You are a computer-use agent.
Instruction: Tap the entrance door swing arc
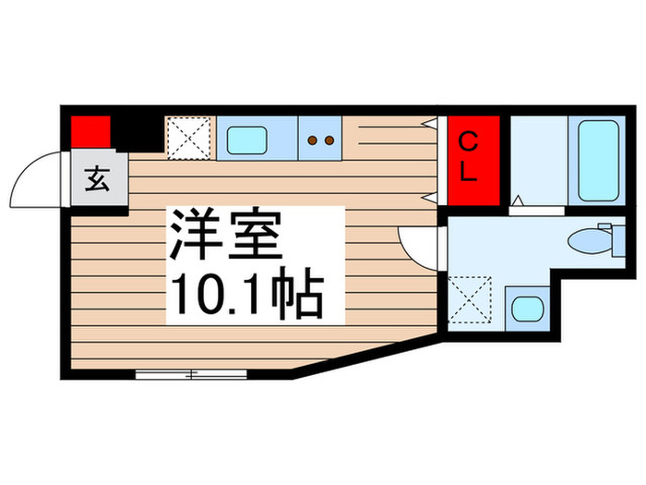pos(37,185)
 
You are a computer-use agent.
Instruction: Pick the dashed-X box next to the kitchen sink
pos(190,139)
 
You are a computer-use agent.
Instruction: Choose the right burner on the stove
pos(328,140)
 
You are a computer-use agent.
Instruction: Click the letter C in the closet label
pos(470,142)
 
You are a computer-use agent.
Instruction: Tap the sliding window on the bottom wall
pos(191,374)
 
